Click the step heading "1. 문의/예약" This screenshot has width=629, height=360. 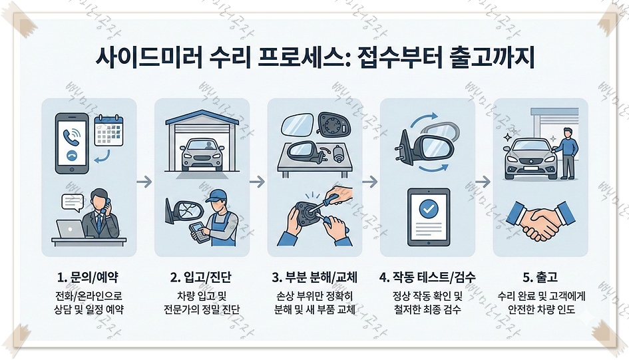[x=89, y=276]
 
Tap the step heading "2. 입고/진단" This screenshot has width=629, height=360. [x=202, y=276]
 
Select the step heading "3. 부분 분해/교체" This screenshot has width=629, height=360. [x=314, y=276]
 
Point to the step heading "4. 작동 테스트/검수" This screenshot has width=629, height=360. [x=427, y=276]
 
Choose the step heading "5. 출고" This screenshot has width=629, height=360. [x=540, y=276]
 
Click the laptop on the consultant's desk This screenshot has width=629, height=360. [x=70, y=229]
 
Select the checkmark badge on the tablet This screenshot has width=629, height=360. [x=427, y=208]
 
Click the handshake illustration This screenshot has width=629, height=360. [x=540, y=221]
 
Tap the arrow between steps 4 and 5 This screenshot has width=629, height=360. [x=483, y=181]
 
